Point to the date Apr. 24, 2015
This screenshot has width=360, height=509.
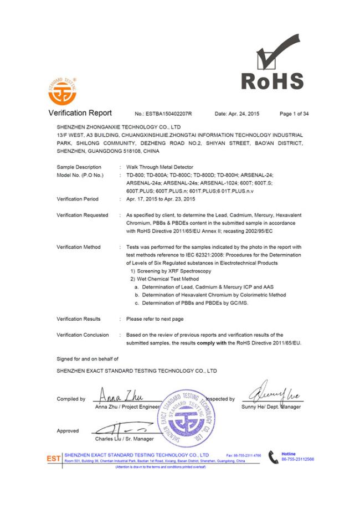coord(237,114)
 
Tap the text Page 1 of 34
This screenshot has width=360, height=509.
coord(294,114)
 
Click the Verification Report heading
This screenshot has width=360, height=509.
coord(80,114)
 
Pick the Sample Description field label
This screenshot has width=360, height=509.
coord(79,167)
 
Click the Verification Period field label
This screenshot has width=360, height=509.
coord(78,198)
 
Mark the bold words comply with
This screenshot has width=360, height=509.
coord(214,343)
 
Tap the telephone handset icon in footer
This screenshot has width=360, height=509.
coord(273,457)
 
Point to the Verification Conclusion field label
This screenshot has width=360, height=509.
coord(83,335)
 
